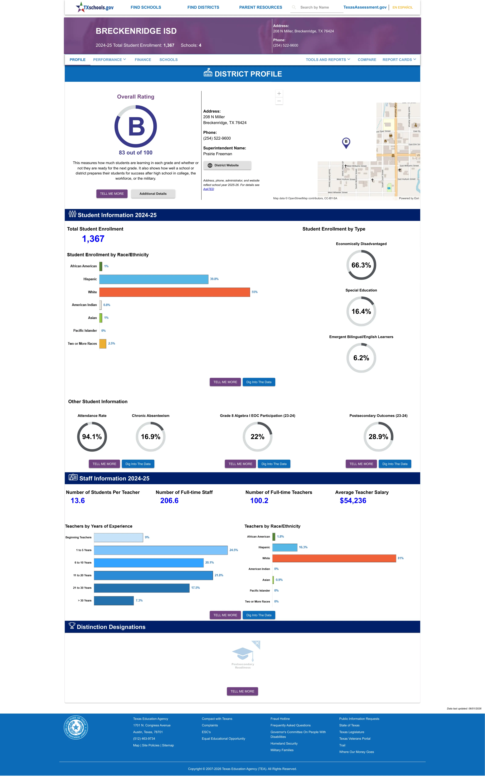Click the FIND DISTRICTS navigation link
[203, 7]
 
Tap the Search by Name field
[317, 7]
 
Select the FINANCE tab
[143, 60]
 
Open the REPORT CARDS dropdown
[399, 60]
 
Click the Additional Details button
[153, 194]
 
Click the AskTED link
[209, 189]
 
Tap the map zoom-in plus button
[279, 93]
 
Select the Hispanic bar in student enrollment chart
[154, 279]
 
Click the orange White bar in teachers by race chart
[334, 558]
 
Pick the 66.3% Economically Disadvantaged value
[361, 265]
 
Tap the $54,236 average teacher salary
[353, 501]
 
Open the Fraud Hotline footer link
[280, 719]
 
